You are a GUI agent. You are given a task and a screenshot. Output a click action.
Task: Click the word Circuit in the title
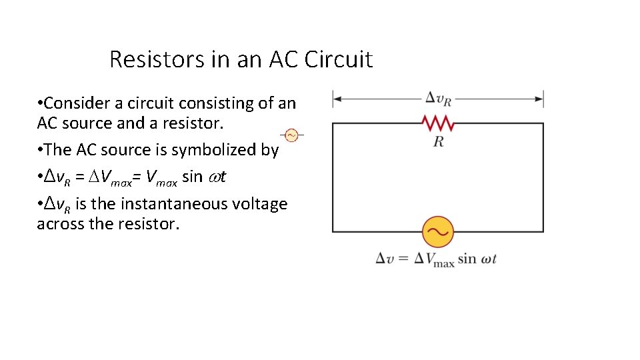click(x=339, y=59)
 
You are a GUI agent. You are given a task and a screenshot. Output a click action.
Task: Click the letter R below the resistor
click(x=438, y=141)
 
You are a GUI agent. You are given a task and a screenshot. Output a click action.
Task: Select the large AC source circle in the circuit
click(x=438, y=232)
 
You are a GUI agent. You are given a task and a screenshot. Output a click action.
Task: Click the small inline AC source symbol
click(x=291, y=135)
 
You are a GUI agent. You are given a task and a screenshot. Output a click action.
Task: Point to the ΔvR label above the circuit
click(x=438, y=99)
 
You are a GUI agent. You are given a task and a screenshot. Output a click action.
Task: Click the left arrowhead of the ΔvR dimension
click(x=337, y=99)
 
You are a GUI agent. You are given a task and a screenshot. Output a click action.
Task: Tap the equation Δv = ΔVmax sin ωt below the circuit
click(x=437, y=259)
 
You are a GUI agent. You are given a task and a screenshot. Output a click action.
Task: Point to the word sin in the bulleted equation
click(x=192, y=177)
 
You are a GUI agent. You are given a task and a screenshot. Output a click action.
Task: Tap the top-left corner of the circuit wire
click(x=333, y=123)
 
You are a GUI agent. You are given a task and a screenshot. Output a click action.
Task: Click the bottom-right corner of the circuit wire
click(x=543, y=232)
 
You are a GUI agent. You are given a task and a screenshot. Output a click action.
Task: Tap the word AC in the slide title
click(x=284, y=59)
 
